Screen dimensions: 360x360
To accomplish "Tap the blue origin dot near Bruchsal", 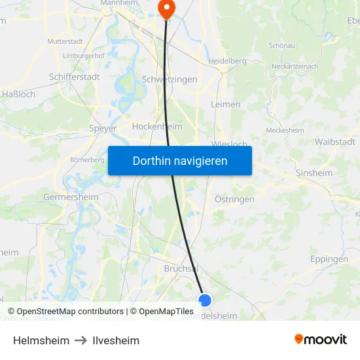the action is coord(205,300).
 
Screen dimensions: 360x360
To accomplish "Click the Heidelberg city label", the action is coord(227,61).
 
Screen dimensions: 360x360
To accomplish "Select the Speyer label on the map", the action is coord(103,128).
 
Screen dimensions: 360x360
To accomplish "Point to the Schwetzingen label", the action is coord(170,79).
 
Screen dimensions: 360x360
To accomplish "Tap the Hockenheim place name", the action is coord(157,126).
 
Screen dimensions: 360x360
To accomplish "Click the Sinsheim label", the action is coord(314,173).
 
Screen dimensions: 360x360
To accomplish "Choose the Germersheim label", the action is coord(71,197).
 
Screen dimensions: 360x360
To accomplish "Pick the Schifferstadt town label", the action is coord(74,77).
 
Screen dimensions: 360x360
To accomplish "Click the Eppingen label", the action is coord(329,259).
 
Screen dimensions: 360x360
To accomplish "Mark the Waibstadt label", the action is coord(334,142).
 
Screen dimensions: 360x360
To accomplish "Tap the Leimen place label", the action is coord(226,104).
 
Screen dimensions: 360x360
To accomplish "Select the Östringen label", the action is coord(234,199).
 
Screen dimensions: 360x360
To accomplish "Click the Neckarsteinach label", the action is coord(295,66).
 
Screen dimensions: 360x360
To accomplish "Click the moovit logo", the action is coord(321,340).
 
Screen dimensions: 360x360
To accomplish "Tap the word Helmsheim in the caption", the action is coord(41,340).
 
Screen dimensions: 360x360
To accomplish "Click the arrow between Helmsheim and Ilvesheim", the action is coord(81,340).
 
